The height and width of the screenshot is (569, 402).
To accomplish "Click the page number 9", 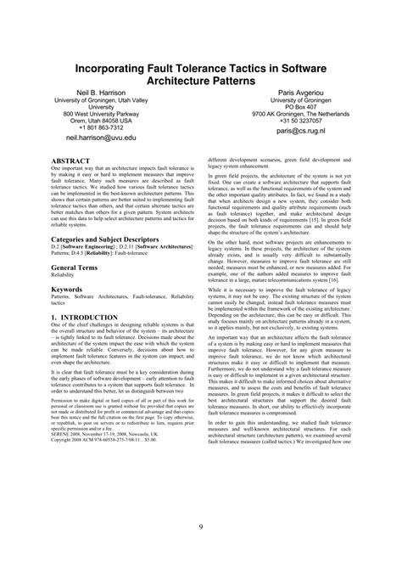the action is (200, 528).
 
